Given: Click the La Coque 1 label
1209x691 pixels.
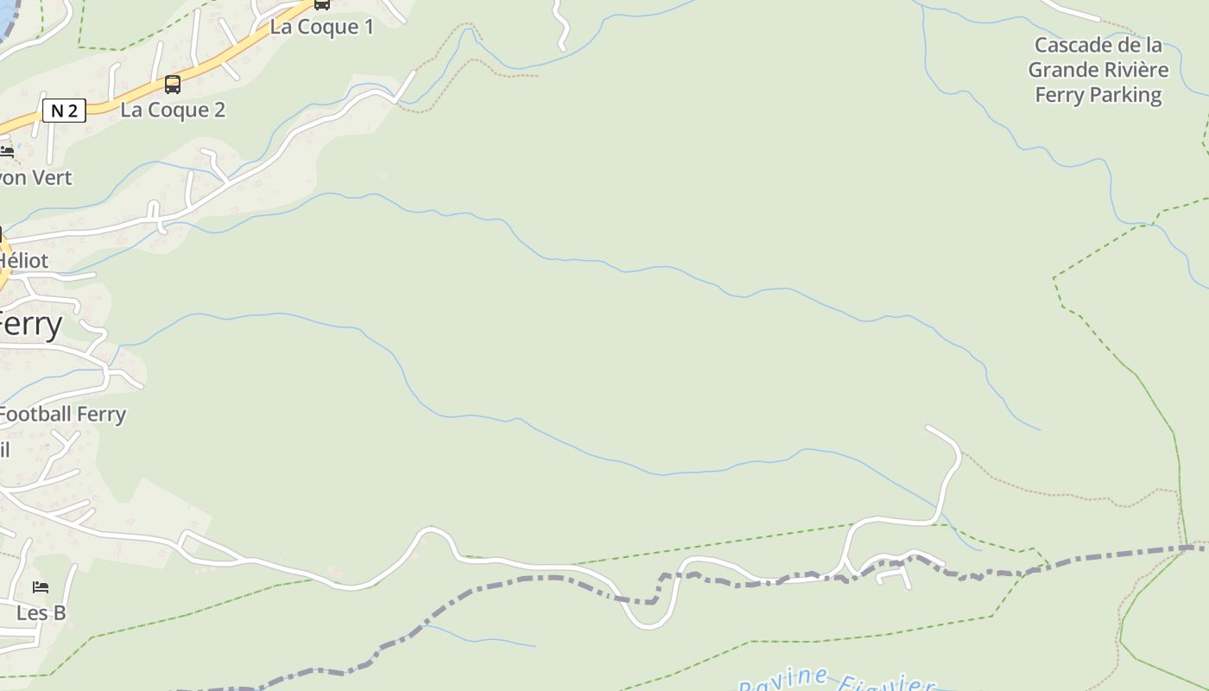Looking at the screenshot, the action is [321, 27].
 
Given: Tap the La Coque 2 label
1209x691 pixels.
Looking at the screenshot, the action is [173, 110].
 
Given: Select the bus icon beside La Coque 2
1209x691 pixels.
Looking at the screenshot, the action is [173, 84].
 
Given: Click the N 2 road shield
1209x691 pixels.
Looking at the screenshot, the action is [64, 110].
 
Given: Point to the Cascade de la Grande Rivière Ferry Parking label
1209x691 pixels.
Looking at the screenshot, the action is [1098, 70].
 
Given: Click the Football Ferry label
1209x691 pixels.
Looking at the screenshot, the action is [62, 415].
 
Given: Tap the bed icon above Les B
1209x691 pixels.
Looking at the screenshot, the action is [41, 587].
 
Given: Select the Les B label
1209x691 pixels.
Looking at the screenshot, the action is [41, 613].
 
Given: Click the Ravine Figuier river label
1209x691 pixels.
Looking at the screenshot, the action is [836, 681].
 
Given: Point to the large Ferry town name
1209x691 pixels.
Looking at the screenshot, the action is [31, 326].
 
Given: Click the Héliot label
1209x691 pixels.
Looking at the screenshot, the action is [24, 260].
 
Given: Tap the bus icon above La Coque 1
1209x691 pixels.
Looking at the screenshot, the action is [321, 4].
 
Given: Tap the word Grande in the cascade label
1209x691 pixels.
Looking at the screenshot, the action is [1062, 70].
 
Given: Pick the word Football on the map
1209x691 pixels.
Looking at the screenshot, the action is [35, 415].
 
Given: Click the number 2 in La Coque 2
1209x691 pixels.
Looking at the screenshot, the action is [218, 110].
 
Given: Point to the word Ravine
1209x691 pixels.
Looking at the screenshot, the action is [783, 681].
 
